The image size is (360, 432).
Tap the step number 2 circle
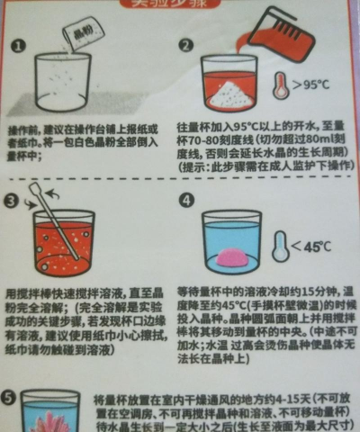(186, 46)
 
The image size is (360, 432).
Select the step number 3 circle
(13, 201)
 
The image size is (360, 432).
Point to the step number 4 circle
(186, 201)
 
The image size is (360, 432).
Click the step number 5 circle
(11, 397)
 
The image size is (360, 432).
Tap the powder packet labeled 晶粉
(80, 36)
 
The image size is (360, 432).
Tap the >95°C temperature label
(314, 86)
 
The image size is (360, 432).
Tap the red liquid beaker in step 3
(63, 245)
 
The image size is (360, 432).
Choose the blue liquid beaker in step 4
(231, 243)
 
